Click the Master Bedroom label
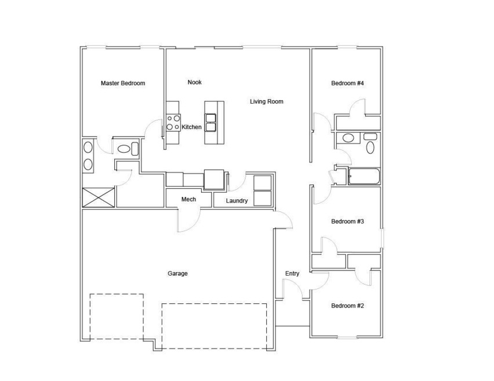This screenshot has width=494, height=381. point(123,83)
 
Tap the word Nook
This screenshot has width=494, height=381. point(195,82)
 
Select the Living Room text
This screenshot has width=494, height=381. point(267,102)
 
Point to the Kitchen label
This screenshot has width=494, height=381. point(191,127)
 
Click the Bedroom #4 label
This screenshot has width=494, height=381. point(347,83)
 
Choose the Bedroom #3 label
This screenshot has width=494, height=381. point(347,222)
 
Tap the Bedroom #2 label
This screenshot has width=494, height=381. point(347,306)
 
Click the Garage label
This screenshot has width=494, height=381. point(177,274)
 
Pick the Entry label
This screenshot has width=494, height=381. point(292,274)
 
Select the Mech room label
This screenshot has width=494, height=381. point(188,199)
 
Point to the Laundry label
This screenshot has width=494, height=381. point(237,201)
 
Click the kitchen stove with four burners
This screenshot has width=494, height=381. point(173,123)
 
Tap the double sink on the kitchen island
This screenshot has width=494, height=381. point(210,122)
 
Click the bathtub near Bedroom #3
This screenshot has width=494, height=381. point(364,177)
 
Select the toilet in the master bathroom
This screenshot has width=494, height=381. point(128,149)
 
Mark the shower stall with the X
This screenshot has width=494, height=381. point(99,197)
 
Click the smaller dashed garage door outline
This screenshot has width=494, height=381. point(117,317)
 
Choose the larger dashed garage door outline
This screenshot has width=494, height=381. point(214,326)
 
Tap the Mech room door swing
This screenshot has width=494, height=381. point(189,220)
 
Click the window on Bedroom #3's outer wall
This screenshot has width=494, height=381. point(382,237)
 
